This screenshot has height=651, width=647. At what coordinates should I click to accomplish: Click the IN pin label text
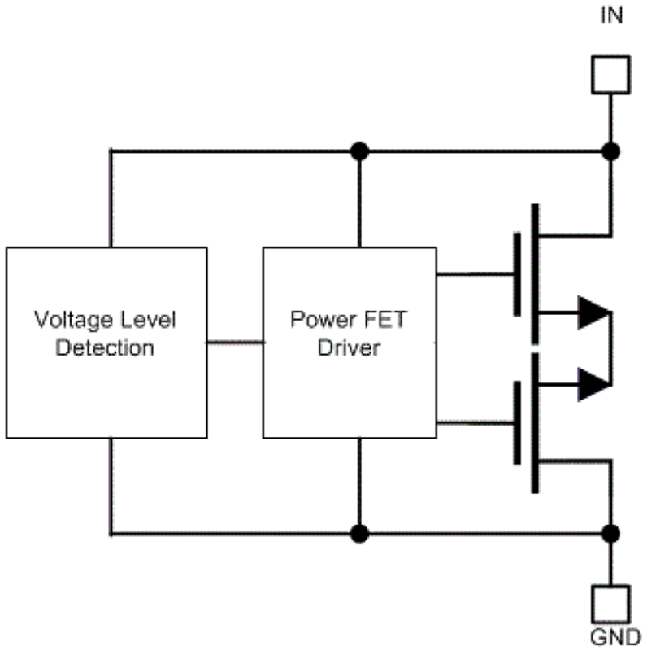click(x=611, y=15)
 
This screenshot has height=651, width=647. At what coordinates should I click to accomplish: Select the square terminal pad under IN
click(x=610, y=74)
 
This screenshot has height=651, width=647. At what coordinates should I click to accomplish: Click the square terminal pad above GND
click(x=610, y=604)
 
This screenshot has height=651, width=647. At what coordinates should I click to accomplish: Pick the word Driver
click(x=348, y=348)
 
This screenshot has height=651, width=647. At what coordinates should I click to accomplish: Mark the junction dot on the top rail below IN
click(x=610, y=151)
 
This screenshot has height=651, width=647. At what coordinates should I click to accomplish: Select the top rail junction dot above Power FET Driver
click(x=358, y=151)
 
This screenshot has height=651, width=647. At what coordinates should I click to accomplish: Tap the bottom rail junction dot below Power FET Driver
click(x=358, y=533)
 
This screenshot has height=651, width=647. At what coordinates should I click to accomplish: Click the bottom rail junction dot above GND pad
click(x=610, y=533)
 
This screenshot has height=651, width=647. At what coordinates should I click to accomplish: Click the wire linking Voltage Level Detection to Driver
click(x=235, y=343)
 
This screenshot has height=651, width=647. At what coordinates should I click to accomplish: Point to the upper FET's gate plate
click(x=517, y=273)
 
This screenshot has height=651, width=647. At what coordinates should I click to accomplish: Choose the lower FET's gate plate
click(x=517, y=424)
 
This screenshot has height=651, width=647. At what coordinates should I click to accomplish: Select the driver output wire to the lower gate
click(x=475, y=424)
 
